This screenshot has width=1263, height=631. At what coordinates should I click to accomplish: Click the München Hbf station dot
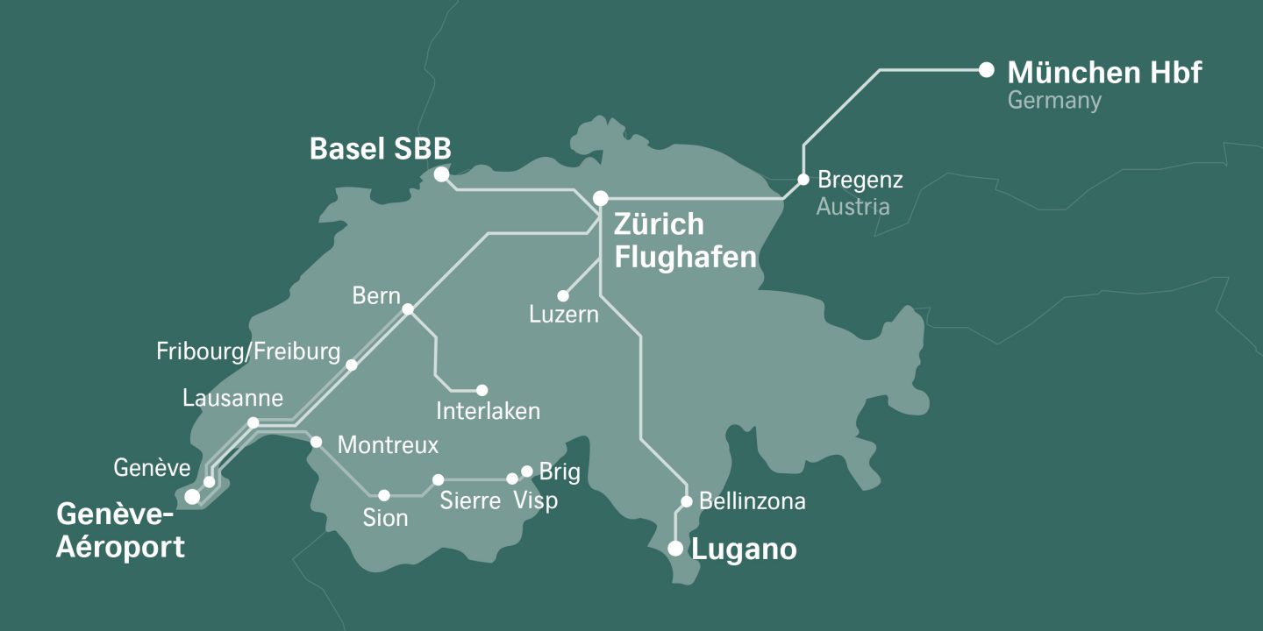(987, 69)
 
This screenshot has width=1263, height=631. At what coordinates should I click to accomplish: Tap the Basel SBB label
(380, 149)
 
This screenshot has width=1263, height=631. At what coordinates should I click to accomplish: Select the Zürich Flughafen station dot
(601, 199)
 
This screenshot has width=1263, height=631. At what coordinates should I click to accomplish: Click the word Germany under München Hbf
(1053, 101)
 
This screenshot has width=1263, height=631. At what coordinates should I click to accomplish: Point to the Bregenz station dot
(803, 180)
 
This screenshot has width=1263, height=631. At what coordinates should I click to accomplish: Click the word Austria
(853, 207)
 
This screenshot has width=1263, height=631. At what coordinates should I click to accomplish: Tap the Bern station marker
(408, 309)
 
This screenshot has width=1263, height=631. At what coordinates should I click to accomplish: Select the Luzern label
(564, 315)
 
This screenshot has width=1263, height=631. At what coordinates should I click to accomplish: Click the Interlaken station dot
(482, 390)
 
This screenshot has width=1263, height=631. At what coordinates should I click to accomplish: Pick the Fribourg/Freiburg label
(248, 352)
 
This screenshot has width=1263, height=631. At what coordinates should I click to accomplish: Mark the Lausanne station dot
(253, 422)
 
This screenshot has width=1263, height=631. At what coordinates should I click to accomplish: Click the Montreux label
(388, 445)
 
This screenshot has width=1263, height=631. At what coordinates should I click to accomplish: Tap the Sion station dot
(383, 495)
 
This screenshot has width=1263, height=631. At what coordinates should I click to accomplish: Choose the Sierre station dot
(439, 479)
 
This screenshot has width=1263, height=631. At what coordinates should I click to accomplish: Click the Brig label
(560, 472)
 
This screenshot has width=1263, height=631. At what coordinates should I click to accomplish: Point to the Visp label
(535, 501)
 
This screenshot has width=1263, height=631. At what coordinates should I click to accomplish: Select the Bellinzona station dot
(688, 503)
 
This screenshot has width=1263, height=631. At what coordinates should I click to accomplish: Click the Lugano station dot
(675, 549)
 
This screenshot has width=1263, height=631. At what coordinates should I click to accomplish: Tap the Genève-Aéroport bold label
(120, 530)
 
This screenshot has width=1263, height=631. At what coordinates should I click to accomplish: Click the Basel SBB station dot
(442, 175)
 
